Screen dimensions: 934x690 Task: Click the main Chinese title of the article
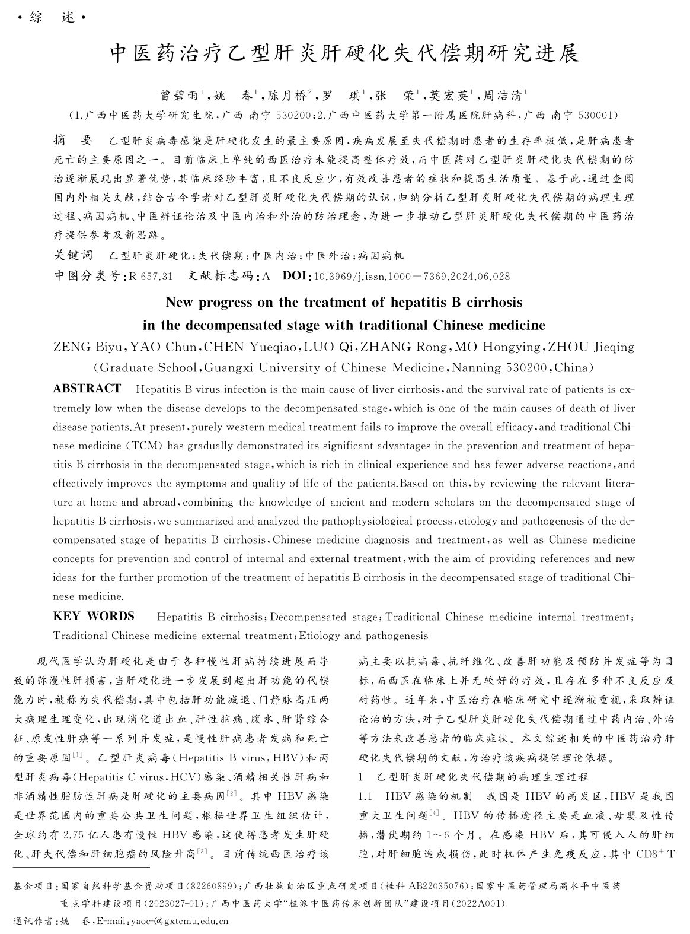pos(345,55)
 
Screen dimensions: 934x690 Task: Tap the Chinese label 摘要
pos(73,141)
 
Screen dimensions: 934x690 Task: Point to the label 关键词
pos(74,256)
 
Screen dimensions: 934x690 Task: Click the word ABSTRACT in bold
pos(87,389)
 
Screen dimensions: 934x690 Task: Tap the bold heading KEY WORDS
pos(94,616)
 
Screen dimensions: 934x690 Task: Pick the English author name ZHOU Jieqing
pos(590,347)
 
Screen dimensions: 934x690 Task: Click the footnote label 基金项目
pos(33,887)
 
